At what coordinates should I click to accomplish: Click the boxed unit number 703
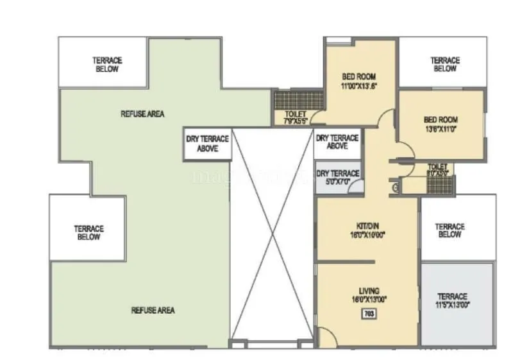tap(368, 314)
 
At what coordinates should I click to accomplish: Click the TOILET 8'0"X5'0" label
tap(439, 169)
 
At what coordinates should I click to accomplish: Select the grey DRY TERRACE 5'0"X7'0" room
tap(337, 178)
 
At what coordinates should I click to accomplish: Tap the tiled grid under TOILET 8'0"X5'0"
tap(439, 184)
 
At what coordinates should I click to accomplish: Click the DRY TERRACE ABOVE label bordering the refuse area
tap(207, 143)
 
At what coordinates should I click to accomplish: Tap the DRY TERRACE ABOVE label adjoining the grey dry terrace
tap(337, 142)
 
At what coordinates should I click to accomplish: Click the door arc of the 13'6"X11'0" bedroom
tap(405, 153)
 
